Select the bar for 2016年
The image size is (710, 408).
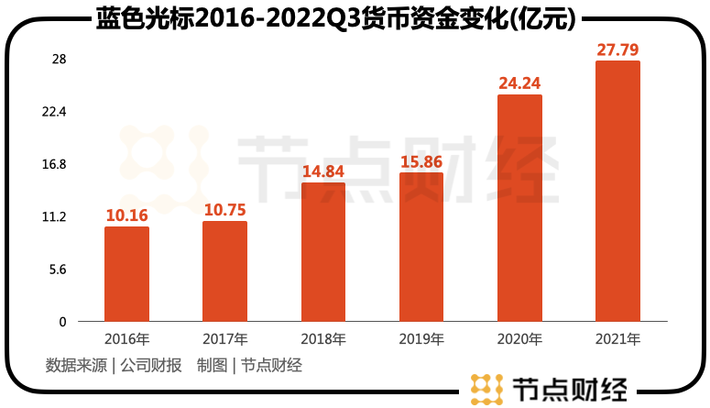126,274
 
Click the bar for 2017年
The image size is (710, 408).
224,271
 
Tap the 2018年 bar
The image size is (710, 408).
322,252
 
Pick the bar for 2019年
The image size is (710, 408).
421,248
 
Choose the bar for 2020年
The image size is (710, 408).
519,208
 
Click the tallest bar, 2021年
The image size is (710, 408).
617,192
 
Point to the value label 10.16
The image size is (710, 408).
126,215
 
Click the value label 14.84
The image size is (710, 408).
322,171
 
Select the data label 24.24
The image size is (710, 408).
519,83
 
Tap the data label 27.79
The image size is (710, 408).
617,50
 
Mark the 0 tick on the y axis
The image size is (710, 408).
62,322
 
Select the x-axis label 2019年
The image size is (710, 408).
421,339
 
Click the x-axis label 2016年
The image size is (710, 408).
126,339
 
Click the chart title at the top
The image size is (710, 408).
348,17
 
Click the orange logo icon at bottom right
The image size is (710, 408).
486,389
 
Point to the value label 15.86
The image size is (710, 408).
421,161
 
